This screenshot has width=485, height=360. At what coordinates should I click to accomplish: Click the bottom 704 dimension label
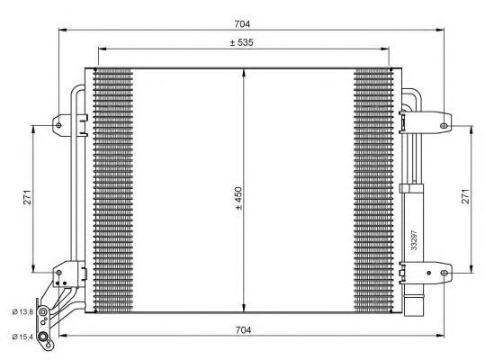click(x=243, y=330)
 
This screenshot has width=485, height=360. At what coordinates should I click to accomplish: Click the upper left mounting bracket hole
click(x=59, y=123)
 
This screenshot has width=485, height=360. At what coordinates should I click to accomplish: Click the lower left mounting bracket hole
click(x=59, y=269)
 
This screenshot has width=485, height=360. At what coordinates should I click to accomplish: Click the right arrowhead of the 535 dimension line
click(x=389, y=50)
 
